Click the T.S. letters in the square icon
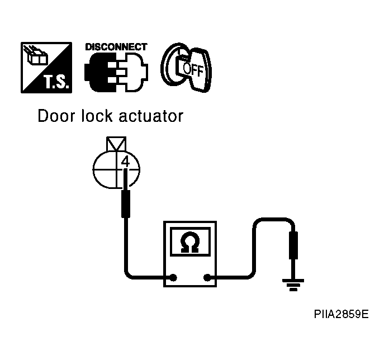(x=56, y=82)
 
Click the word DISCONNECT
(x=116, y=47)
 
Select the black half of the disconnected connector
(x=102, y=73)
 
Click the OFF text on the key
(x=193, y=69)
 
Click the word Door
(x=56, y=116)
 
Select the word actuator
(x=151, y=116)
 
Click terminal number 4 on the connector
(x=126, y=162)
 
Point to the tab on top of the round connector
(x=116, y=144)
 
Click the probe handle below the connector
(x=126, y=203)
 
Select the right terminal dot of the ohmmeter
(x=207, y=277)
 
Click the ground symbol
(x=293, y=285)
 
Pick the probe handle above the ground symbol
(x=293, y=245)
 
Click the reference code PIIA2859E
(x=341, y=314)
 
